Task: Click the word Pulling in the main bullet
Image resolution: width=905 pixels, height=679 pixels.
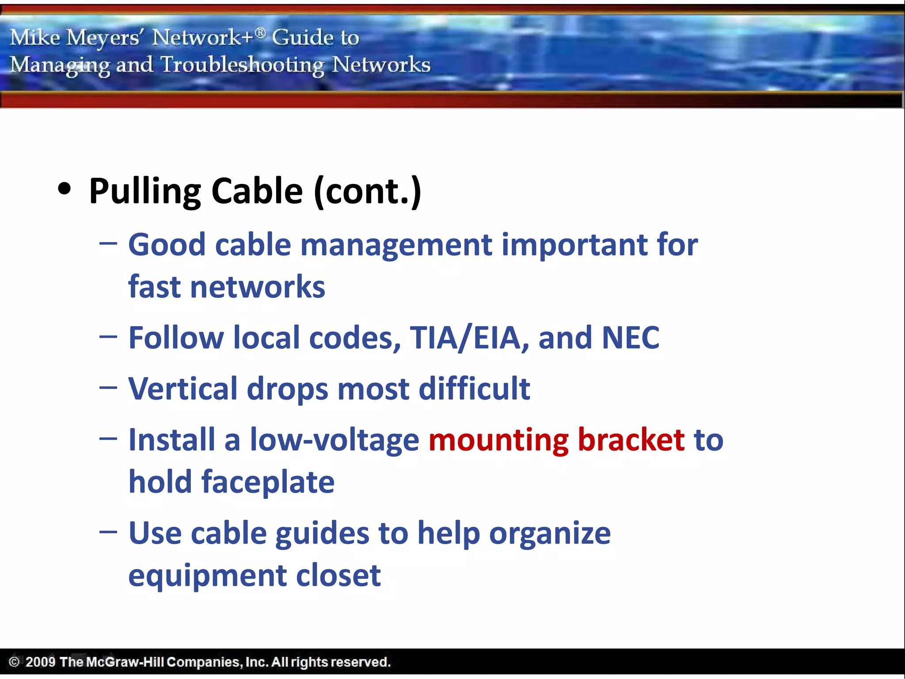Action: click(x=145, y=191)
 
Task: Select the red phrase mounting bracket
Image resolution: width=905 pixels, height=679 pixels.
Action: click(x=556, y=440)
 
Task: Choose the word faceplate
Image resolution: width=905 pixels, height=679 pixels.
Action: click(x=268, y=482)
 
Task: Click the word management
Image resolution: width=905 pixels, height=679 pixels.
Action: click(x=396, y=245)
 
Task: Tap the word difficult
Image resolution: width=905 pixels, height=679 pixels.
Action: click(x=474, y=389)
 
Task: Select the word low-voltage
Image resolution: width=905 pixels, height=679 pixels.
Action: click(x=335, y=440)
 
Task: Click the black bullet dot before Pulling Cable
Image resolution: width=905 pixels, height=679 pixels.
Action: click(x=65, y=189)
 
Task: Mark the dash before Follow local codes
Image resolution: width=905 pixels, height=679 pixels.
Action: click(x=108, y=337)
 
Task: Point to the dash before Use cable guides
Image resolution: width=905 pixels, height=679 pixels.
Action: click(x=108, y=532)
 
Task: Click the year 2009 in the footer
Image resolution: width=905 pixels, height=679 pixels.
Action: click(x=40, y=662)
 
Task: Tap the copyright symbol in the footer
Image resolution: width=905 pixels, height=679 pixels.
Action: click(x=14, y=662)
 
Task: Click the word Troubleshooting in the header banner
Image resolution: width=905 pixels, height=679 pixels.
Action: click(x=242, y=65)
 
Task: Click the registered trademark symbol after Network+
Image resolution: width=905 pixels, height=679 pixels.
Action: click(x=261, y=32)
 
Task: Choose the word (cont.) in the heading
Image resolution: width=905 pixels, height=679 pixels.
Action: click(x=368, y=191)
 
